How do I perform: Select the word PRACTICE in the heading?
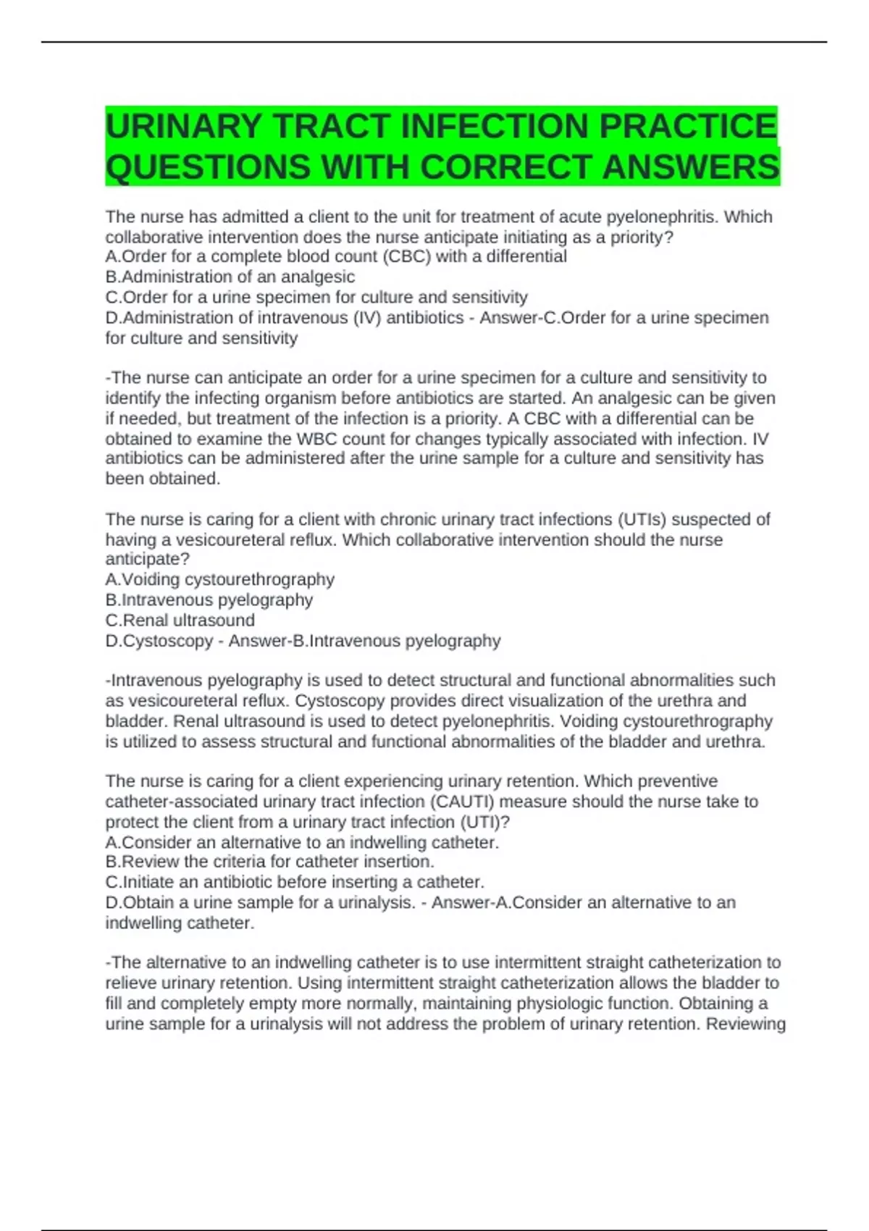click(x=687, y=126)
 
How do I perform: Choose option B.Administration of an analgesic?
click(x=230, y=277)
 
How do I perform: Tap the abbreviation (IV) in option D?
click(x=367, y=318)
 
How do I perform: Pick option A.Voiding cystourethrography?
click(x=219, y=579)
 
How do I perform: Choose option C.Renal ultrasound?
click(x=180, y=620)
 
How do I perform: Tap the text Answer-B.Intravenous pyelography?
click(x=364, y=641)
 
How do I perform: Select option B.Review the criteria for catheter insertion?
click(x=269, y=862)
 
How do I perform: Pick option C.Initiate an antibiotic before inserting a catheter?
click(x=295, y=882)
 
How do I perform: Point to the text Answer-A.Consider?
click(x=504, y=903)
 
